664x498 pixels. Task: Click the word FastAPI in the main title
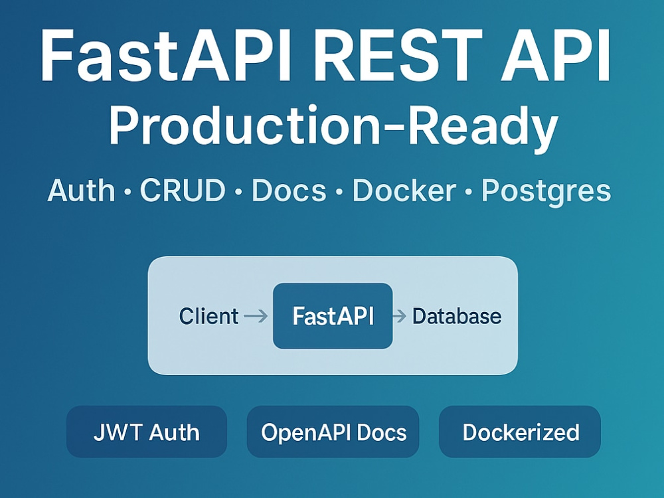click(x=166, y=55)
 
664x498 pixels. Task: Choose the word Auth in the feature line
click(x=81, y=191)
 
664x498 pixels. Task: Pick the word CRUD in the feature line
click(x=183, y=190)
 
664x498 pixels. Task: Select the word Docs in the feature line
click(x=289, y=190)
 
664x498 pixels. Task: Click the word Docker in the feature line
click(x=404, y=190)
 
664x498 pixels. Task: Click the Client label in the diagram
click(x=208, y=316)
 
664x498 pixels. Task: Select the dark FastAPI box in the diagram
click(x=333, y=316)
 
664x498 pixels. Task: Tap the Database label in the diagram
click(x=457, y=316)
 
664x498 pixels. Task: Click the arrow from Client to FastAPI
click(x=256, y=316)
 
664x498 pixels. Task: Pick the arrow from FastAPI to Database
click(x=400, y=316)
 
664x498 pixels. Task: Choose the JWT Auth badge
click(x=147, y=432)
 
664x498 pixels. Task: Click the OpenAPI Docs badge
click(x=333, y=432)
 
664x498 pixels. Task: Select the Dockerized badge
click(x=520, y=432)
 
